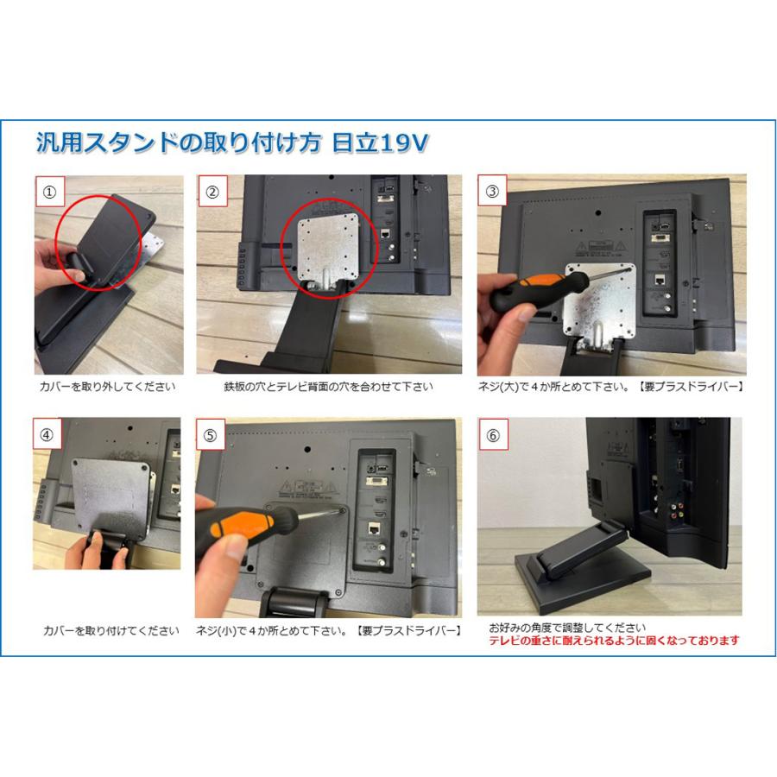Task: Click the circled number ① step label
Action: tap(50, 192)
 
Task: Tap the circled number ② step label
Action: tap(212, 192)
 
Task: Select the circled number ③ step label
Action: tap(492, 191)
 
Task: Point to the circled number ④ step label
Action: tap(47, 434)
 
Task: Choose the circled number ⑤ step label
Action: tap(210, 435)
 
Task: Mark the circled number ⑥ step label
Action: tap(493, 435)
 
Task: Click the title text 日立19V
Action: tap(380, 142)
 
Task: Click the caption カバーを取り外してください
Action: tap(108, 387)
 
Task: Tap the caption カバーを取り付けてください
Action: tap(111, 630)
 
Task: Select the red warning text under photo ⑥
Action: tap(614, 641)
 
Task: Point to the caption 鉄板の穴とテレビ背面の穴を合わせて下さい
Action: tap(329, 387)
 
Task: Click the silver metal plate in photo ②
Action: tap(326, 252)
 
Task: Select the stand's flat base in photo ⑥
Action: tap(582, 574)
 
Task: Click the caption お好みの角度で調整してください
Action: tap(567, 628)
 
